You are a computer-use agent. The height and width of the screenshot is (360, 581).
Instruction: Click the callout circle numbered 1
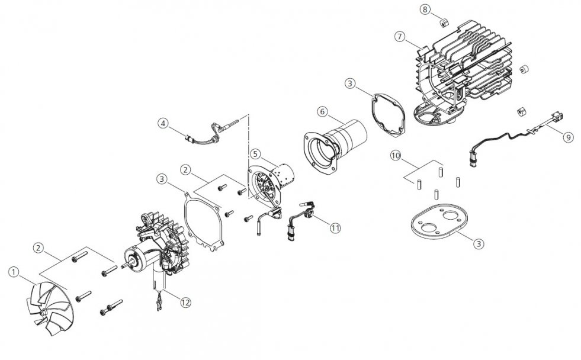[14, 272]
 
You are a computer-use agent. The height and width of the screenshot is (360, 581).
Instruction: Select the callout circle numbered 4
[162, 123]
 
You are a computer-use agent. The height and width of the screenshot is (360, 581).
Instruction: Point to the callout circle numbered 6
[322, 111]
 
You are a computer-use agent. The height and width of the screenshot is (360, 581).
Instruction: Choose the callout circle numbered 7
[399, 37]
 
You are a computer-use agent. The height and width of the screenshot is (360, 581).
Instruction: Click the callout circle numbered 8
[425, 9]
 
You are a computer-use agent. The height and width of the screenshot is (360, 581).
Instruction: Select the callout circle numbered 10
[396, 156]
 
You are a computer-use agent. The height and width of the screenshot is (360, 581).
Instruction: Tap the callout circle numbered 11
[335, 228]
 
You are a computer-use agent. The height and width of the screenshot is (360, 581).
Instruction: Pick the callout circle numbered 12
[185, 303]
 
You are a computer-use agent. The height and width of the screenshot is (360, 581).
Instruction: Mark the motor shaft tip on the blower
[123, 266]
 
